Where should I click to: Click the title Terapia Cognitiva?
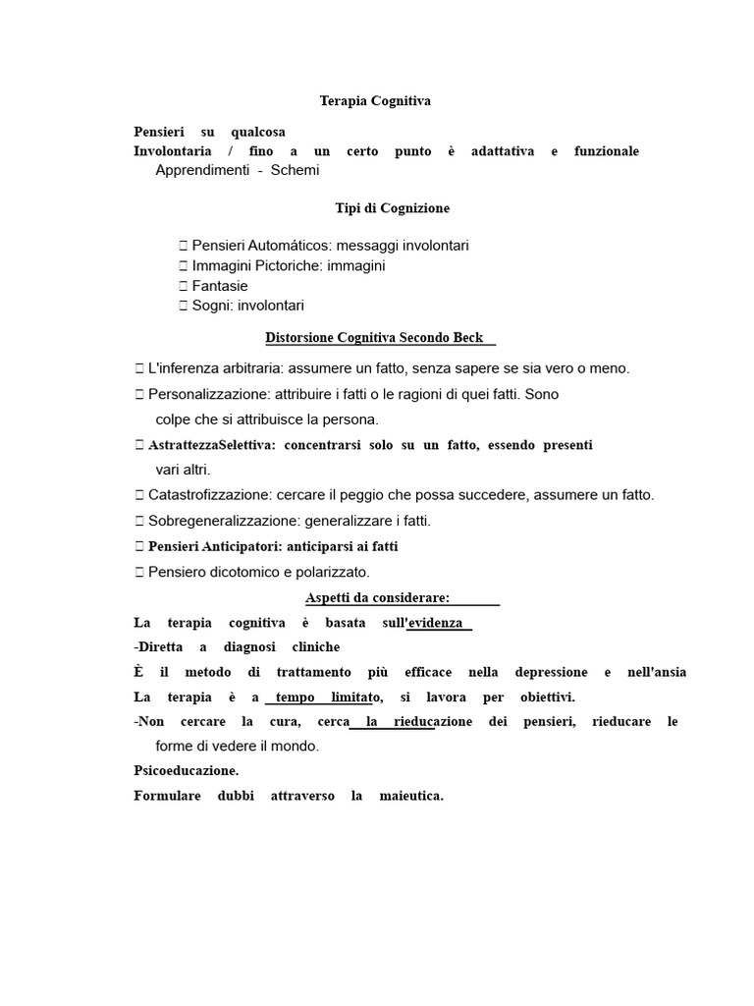point(375,101)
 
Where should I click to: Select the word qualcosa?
point(258,132)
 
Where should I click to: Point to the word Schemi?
point(296,170)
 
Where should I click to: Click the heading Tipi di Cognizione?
point(387,208)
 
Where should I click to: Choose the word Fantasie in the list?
point(220,286)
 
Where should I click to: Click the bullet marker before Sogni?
point(184,306)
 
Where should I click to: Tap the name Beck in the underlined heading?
point(469,338)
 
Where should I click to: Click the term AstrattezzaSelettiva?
point(212,445)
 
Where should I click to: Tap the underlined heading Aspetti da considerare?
point(378,598)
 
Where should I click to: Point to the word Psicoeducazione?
point(186,771)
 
